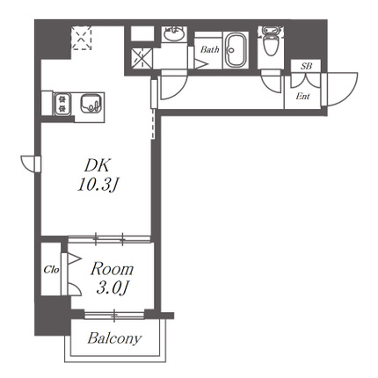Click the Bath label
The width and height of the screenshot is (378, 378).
tap(210, 50)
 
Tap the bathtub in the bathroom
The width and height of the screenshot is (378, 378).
tap(236, 50)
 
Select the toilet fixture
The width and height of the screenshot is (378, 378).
tap(272, 40)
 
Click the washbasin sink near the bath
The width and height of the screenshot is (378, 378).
tap(174, 33)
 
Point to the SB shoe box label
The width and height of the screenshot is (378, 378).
tap(306, 66)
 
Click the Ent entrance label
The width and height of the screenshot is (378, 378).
tap(302, 96)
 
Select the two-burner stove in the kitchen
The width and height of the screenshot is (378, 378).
tap(62, 104)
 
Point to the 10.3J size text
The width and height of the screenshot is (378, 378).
tap(98, 185)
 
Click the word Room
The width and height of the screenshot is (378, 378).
tap(112, 269)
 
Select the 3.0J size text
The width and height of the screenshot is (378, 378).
tap(112, 288)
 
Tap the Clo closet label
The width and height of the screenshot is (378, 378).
tap(51, 270)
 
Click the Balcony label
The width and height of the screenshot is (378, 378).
tap(114, 338)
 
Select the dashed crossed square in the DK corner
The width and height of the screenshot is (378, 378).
tap(82, 38)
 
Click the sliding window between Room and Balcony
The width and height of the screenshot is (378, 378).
tap(114, 316)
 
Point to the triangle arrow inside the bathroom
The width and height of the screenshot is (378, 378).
tap(201, 64)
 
